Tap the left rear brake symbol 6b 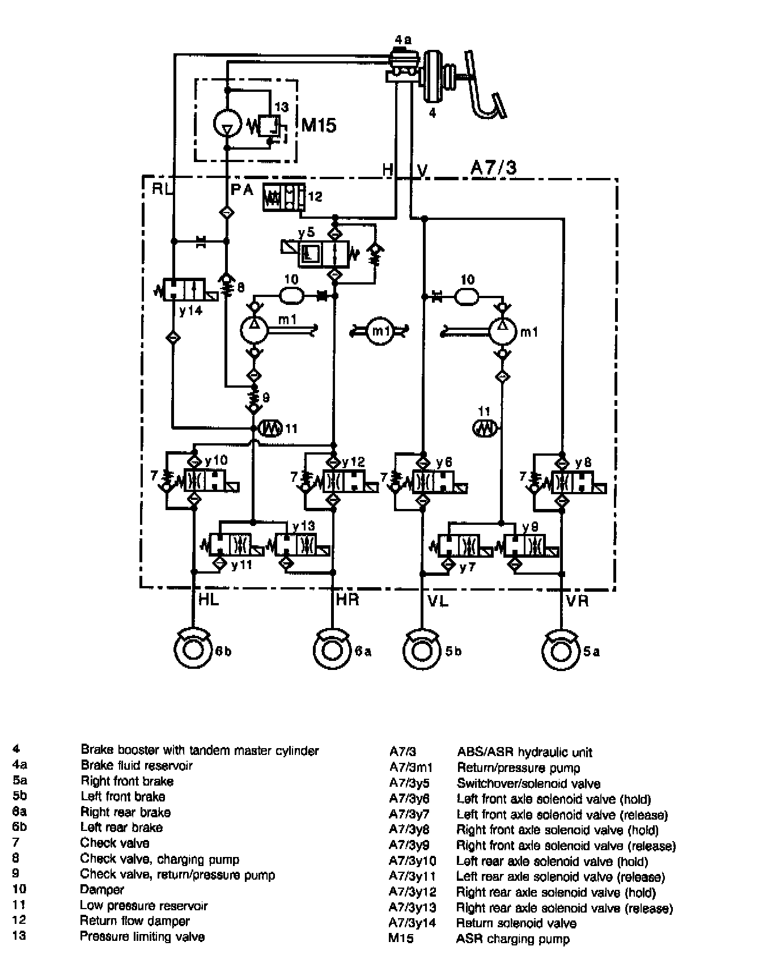tap(193, 650)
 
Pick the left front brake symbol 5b tap(422, 650)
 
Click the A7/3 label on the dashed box tap(493, 168)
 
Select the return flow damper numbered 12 tap(283, 197)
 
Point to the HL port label tap(209, 600)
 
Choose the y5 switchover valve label tap(306, 234)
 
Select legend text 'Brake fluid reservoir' tap(137, 766)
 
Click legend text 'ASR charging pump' tap(512, 939)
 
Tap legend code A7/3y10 tap(412, 862)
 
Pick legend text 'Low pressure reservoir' tap(143, 906)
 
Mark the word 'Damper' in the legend tap(102, 890)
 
